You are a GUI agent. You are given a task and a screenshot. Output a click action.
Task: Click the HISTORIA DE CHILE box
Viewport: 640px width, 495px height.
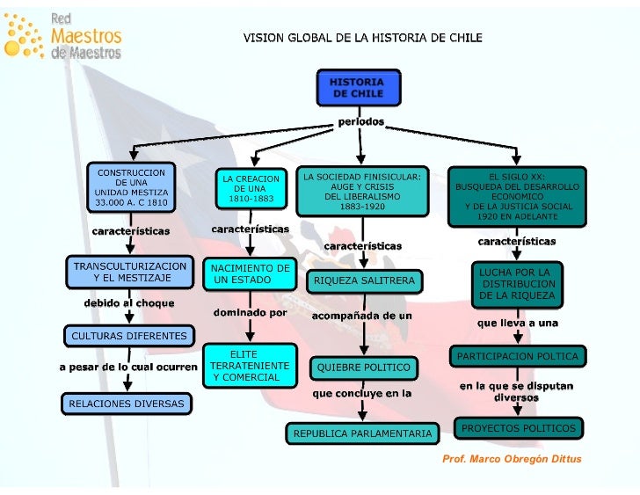(356, 88)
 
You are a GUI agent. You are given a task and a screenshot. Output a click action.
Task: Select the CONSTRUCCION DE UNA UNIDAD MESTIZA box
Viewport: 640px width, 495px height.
(131, 186)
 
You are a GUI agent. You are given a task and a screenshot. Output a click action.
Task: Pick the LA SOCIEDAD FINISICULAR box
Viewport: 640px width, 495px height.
(362, 192)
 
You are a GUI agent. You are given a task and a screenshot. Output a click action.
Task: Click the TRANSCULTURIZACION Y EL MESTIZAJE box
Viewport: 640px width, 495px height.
(130, 272)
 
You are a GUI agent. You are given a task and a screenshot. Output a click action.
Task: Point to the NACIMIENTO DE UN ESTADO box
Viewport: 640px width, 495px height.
(249, 273)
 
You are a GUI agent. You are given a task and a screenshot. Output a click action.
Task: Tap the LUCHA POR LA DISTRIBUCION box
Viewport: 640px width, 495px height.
(517, 284)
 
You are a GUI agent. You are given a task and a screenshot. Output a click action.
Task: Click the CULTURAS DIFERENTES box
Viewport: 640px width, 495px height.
(128, 336)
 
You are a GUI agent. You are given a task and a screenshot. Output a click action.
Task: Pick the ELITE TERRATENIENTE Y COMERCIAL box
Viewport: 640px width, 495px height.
(248, 366)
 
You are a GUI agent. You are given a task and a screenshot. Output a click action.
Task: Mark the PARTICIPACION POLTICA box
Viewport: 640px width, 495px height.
(517, 356)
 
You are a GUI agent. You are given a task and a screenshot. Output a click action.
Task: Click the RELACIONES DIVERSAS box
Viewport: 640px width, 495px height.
(127, 404)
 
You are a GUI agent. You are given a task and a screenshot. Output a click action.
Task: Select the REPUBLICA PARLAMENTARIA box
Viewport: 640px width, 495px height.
(362, 433)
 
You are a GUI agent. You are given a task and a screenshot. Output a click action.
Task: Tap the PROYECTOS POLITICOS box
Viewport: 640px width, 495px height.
(518, 428)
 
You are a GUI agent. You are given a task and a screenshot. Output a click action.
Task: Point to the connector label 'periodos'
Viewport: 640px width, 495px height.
(361, 121)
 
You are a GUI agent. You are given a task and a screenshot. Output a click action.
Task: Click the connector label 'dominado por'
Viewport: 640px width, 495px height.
(251, 312)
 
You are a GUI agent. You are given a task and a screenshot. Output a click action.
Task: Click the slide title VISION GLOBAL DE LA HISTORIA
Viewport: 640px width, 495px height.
(362, 38)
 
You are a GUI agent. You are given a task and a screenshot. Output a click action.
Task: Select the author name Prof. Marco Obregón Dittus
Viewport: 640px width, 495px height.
(511, 459)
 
